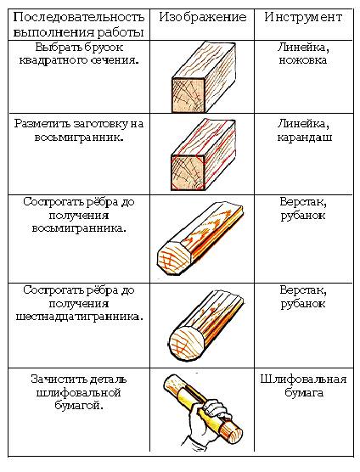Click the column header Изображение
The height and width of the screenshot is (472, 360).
[203, 18]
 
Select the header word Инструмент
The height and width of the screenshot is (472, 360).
[303, 17]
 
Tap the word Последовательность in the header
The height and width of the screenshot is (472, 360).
[79, 18]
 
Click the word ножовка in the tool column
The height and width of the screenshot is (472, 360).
[303, 60]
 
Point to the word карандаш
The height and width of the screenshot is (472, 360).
[305, 138]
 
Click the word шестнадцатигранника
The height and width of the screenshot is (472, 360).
[77, 317]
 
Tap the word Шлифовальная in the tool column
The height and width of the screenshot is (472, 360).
[303, 379]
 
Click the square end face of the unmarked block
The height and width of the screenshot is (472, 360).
[188, 95]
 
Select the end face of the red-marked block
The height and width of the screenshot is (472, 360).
[188, 172]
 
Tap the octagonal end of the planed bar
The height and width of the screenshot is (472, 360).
[175, 256]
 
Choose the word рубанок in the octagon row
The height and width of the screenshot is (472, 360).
[303, 216]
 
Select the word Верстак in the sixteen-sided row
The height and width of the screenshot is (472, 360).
[303, 290]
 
